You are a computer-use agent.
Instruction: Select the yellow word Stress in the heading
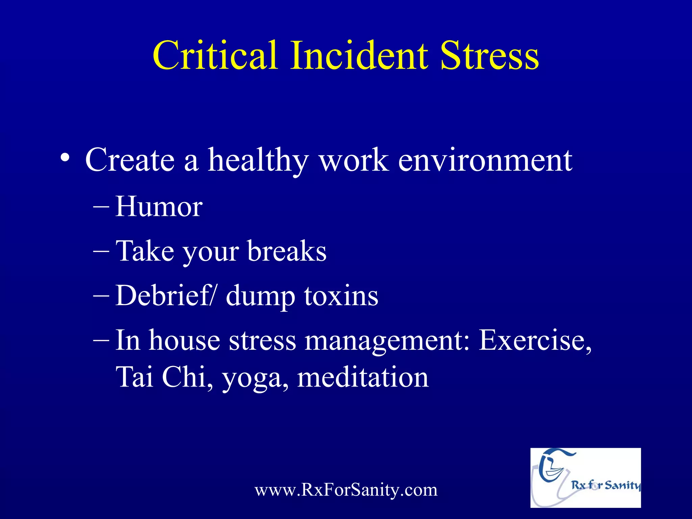[490, 56]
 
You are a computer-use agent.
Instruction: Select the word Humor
[159, 206]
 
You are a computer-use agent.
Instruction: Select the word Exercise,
[535, 340]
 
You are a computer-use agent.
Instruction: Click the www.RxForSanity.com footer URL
[346, 490]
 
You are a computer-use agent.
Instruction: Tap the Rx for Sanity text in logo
[605, 485]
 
